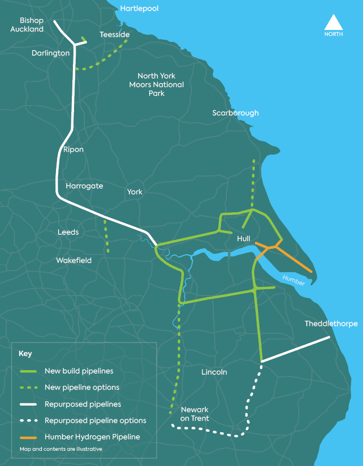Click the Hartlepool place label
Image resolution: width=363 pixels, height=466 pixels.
139,9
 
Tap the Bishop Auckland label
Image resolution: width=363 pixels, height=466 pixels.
27,24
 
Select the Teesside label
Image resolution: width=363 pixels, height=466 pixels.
114,34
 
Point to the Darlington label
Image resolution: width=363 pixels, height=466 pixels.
51,53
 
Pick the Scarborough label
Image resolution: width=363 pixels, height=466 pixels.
235,113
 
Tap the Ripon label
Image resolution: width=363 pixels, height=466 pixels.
73,149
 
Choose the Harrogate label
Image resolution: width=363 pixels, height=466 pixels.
84,186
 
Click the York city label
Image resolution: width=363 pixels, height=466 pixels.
134,192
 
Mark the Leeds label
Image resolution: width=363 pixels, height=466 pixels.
68,232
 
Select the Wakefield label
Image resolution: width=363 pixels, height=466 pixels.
73,260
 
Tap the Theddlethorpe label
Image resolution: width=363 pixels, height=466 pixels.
331,323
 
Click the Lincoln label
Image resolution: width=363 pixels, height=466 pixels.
214,372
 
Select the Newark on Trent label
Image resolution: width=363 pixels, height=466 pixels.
194,414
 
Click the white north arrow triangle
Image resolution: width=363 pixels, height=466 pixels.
334,23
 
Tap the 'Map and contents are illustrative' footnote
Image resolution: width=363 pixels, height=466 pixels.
60,449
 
